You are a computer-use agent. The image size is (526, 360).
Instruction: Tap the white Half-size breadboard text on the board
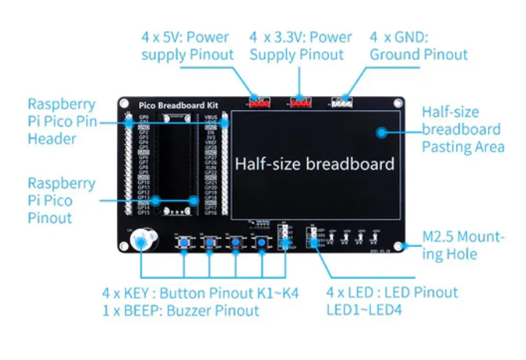click(x=314, y=164)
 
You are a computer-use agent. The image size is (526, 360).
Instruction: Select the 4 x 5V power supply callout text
click(x=187, y=46)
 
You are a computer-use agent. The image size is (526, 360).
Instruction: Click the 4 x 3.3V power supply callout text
click(x=300, y=46)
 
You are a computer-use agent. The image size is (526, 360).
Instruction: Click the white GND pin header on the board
click(x=341, y=102)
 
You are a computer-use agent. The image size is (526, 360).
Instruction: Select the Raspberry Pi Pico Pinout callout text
click(x=62, y=201)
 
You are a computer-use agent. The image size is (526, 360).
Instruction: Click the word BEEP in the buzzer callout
click(x=144, y=310)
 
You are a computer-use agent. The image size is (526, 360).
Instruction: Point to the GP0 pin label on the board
click(x=143, y=117)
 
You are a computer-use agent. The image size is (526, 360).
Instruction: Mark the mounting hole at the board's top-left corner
click(x=124, y=103)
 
